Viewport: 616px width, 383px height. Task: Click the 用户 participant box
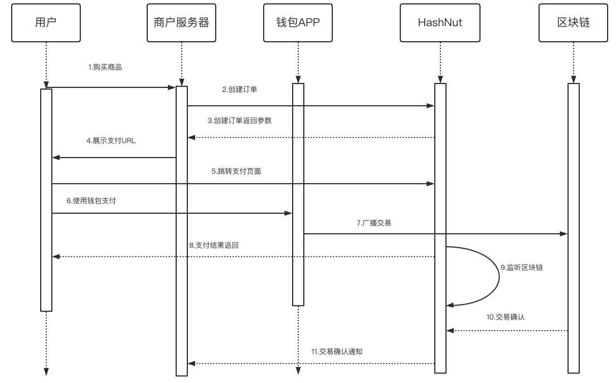coord(46,22)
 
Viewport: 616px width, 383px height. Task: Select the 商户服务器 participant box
coord(181,22)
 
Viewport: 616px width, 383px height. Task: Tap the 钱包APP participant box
coord(298,22)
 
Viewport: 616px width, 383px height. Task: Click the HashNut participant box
coord(440,22)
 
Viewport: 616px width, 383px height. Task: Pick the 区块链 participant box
coord(573,22)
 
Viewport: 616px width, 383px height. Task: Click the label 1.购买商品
coord(105,67)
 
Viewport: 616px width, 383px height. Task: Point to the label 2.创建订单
coord(239,89)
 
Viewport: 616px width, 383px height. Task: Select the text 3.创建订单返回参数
coord(240,120)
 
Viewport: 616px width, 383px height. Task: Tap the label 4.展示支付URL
coord(111,141)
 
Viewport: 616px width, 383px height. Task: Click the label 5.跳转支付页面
coord(236,171)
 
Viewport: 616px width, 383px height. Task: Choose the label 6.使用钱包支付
coord(91,200)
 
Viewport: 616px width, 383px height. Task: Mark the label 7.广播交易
coord(374,223)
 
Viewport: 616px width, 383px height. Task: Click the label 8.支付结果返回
coord(214,245)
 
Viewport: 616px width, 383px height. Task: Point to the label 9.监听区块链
coord(521,267)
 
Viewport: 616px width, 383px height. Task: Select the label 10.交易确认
coord(505,317)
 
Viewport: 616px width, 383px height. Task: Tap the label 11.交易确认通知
coord(337,352)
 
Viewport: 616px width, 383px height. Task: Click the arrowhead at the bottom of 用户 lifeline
coord(46,372)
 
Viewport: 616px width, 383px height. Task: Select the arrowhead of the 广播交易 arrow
coord(564,234)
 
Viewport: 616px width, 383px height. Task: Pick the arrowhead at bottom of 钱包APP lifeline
coord(298,372)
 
